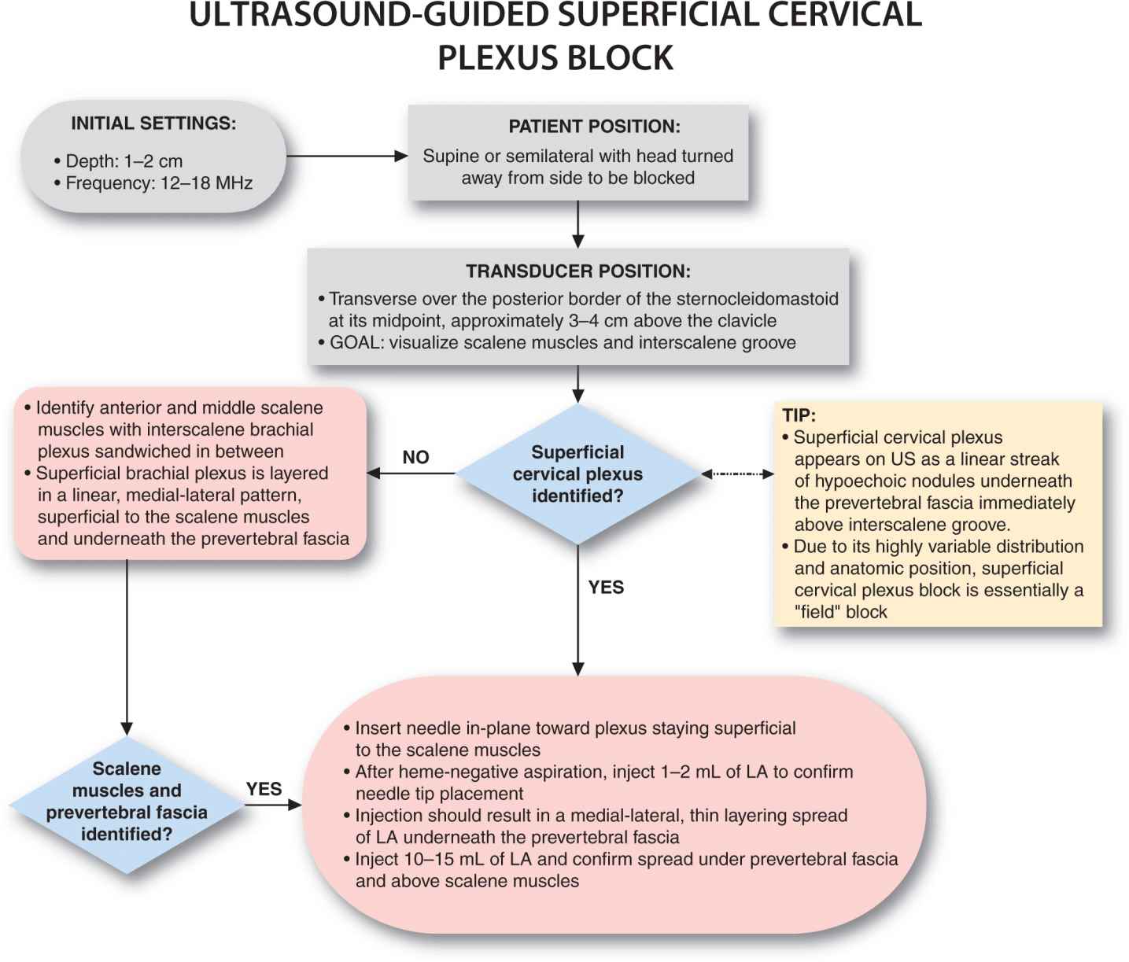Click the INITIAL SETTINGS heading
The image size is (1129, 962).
153,123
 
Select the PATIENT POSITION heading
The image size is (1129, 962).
594,127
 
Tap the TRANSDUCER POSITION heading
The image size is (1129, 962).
577,271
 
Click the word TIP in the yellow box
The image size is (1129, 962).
798,415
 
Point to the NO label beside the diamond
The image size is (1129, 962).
415,458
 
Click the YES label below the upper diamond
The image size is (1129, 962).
606,588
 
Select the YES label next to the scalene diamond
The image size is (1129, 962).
264,789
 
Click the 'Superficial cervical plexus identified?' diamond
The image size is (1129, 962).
577,474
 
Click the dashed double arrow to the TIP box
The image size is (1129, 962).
737,474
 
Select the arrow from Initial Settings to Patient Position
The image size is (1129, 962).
346,156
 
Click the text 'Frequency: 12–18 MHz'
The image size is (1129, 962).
158,183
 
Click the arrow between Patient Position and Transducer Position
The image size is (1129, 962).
577,223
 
